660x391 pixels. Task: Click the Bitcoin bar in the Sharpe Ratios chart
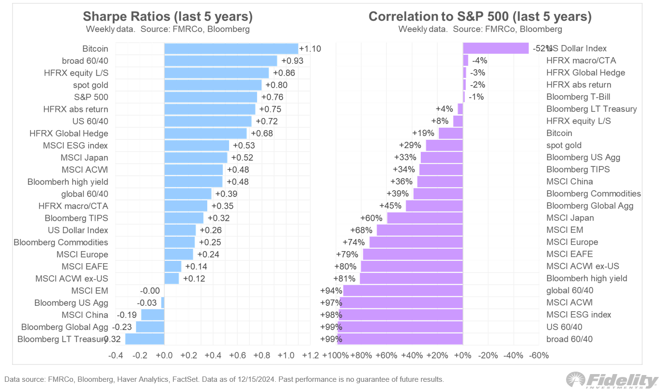coord(231,48)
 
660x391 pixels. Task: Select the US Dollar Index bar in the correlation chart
coord(495,48)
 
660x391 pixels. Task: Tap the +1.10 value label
coord(310,48)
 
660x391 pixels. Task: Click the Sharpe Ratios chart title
coord(168,16)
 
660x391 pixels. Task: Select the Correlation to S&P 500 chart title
coord(480,16)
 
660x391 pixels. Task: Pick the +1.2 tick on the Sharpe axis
coord(310,356)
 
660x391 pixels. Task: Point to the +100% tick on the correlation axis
coord(335,356)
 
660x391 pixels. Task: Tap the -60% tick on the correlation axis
coord(539,356)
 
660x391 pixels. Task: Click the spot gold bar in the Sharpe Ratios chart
coord(213,85)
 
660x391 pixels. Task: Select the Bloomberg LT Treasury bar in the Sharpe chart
coord(145,339)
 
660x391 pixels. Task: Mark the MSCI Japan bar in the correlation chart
coord(425,218)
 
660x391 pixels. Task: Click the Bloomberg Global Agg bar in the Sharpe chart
coord(150,327)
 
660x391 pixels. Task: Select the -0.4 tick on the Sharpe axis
coord(116,356)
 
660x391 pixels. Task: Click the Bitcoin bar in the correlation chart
coord(451,133)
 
